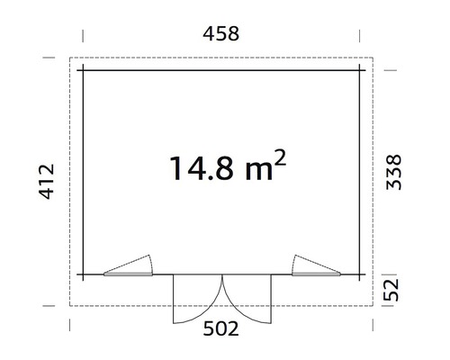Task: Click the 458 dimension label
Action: pos(221,35)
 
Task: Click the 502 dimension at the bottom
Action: pos(221,329)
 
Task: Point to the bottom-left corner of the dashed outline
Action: pos(72,306)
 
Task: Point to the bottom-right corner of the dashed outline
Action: pos(371,306)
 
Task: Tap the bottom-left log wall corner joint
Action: pos(83,273)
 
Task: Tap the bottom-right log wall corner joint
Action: pos(359,273)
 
